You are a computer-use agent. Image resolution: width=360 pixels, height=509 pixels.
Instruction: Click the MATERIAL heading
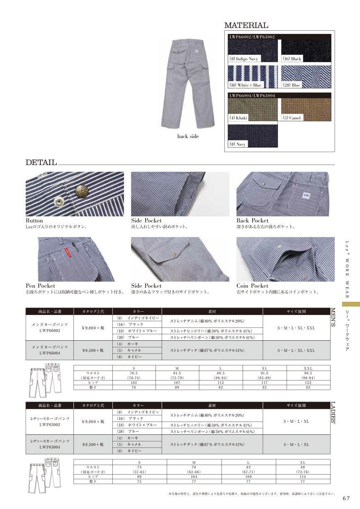(246, 26)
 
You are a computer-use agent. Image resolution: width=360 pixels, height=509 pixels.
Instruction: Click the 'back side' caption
(188, 136)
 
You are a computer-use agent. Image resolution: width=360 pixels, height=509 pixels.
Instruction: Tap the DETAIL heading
(41, 162)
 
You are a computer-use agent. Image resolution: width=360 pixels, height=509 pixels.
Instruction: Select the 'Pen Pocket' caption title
(40, 286)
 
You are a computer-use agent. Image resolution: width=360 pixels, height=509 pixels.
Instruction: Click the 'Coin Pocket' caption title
(252, 286)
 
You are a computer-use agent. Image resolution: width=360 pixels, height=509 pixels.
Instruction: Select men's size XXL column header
(308, 368)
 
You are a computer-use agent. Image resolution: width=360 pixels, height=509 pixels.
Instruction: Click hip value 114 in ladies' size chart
(302, 477)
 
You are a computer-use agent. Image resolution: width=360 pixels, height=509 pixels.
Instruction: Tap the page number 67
(347, 498)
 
